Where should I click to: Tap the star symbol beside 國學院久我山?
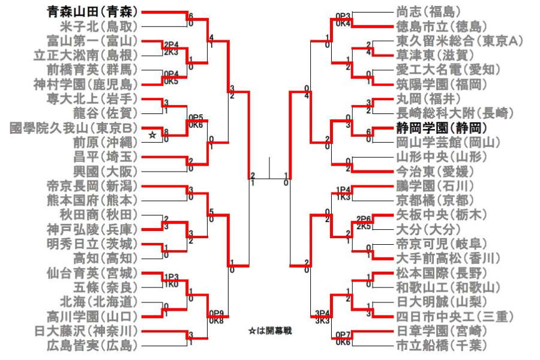(x=152, y=136)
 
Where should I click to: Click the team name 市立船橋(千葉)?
(x=440, y=345)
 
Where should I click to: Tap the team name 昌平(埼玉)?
(x=106, y=156)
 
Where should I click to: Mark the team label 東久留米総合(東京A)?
(x=460, y=41)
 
